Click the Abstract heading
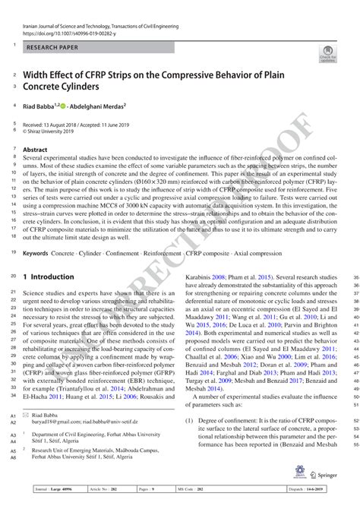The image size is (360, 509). [36, 150]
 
